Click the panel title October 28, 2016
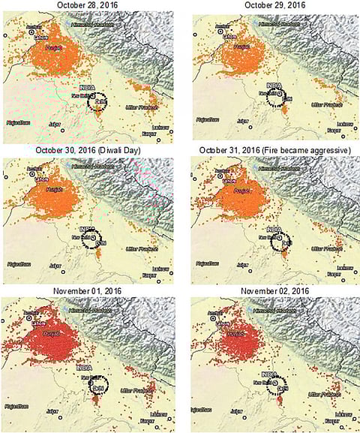[85, 6]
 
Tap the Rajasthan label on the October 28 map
[17, 122]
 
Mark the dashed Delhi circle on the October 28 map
[97, 101]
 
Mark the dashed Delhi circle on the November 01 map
[98, 386]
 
